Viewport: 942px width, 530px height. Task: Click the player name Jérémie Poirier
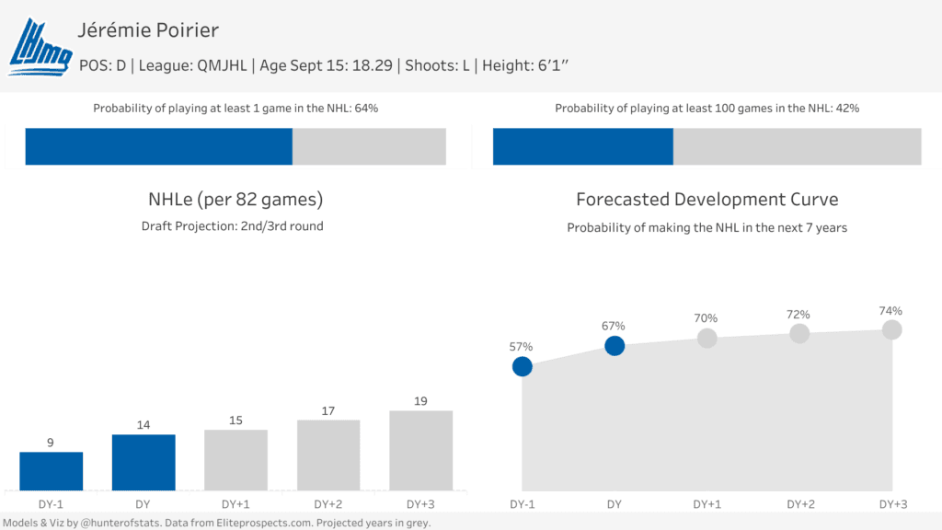coord(149,30)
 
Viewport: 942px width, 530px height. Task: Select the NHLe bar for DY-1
coord(52,471)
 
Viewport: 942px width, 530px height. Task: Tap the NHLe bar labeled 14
coord(144,462)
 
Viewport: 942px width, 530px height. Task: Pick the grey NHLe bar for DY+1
coord(235,460)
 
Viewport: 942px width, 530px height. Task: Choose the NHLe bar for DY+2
coord(328,455)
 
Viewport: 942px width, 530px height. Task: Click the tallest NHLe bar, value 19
coord(420,450)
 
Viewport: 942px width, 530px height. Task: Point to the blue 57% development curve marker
coord(523,366)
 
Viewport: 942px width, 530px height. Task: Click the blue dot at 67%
coord(615,345)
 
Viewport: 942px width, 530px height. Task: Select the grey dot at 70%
coord(706,338)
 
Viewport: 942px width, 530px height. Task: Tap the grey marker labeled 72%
coord(799,333)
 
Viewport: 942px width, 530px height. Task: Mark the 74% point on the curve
coord(891,329)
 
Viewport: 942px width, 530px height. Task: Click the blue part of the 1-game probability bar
coord(158,146)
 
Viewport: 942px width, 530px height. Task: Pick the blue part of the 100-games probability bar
coord(583,146)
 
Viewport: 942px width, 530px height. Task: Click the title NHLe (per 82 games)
coord(235,200)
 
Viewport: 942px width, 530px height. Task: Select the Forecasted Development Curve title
coord(706,200)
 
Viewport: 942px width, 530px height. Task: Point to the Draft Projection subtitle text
coord(232,226)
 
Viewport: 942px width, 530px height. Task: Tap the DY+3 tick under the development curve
coord(892,504)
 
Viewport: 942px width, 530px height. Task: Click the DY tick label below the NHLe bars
coord(144,504)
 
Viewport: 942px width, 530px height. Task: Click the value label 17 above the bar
coord(328,410)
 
